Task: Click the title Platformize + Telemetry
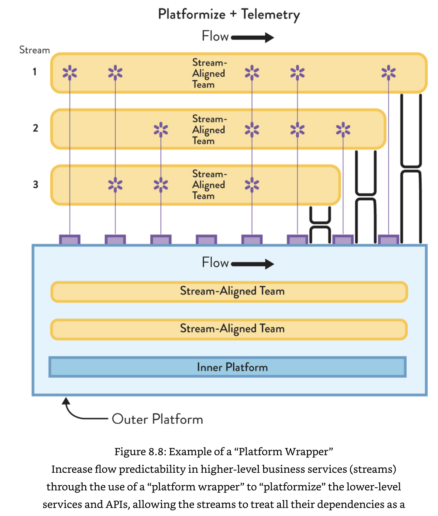pos(229,15)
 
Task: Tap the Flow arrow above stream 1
pos(253,37)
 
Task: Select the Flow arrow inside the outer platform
pos(253,264)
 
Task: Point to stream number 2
pos(35,128)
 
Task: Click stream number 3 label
pos(35,184)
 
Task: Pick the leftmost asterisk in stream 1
pos(70,72)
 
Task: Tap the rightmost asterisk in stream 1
pos(388,72)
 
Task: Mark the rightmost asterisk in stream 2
pos(343,129)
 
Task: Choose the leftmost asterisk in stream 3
pos(115,185)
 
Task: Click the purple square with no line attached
pos(206,240)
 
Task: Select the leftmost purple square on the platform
pos(70,240)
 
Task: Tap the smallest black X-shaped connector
pos(320,224)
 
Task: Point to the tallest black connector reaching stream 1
pos(411,168)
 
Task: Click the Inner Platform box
pos(227,367)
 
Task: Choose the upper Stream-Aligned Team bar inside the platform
pos(229,292)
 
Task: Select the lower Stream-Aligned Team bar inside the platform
pos(229,329)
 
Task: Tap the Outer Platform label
pos(157,419)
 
